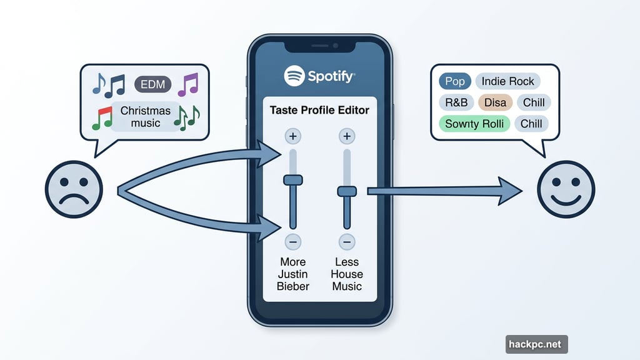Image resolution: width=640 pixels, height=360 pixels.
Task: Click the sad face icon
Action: point(74,188)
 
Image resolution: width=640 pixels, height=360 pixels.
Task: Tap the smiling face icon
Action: point(566,188)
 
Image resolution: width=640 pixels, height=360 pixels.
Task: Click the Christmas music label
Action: point(146,117)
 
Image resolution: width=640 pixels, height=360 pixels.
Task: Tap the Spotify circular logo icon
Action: point(294,76)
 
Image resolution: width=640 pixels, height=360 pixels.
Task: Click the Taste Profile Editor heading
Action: point(319,110)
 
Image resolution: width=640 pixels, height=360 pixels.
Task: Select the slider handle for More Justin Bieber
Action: point(292,180)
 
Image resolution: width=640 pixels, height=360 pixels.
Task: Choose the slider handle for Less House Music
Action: point(347,191)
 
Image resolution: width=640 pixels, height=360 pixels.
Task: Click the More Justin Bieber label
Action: point(292,274)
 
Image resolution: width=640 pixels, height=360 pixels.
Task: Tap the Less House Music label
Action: point(347,274)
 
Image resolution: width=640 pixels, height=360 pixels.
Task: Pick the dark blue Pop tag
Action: point(455,81)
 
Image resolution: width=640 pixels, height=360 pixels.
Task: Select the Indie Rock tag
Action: point(507,81)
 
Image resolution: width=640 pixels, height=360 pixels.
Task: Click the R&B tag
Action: point(456,102)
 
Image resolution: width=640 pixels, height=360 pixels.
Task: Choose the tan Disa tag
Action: point(495,102)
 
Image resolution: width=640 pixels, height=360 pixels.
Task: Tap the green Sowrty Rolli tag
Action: point(475,123)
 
